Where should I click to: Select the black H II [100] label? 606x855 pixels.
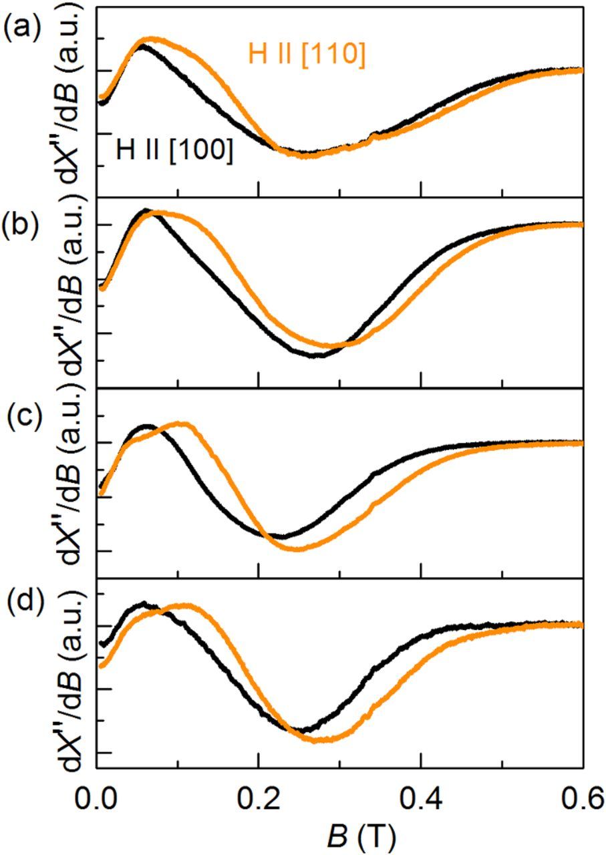coord(174,151)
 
